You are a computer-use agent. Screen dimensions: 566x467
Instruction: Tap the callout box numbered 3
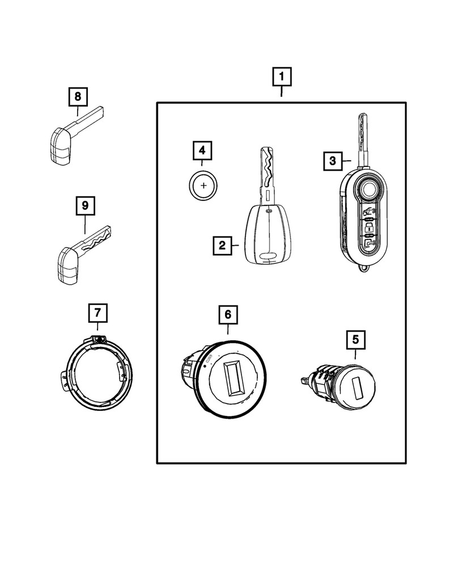tap(333, 161)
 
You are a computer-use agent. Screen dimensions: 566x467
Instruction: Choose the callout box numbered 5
tap(355, 340)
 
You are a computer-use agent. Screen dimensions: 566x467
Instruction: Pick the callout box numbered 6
tap(228, 314)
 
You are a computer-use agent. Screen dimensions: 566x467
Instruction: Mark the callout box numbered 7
tap(97, 312)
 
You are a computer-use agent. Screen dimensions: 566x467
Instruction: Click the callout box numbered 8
tap(78, 97)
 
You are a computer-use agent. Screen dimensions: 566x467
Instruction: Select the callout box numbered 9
tap(85, 207)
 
